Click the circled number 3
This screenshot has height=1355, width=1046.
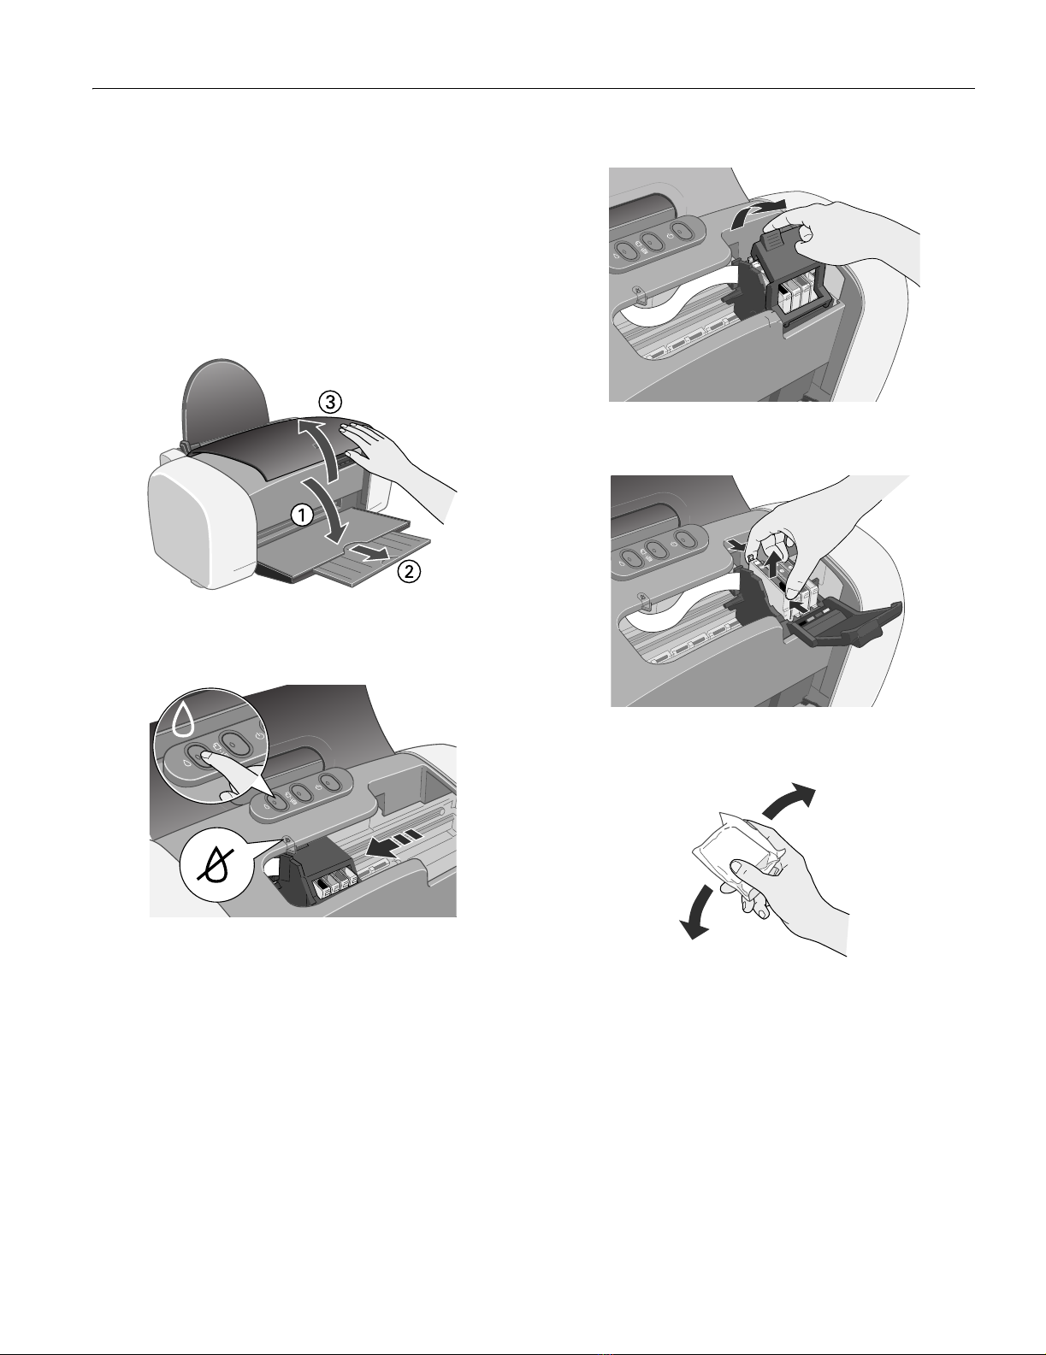[330, 402]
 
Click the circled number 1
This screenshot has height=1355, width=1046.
[302, 515]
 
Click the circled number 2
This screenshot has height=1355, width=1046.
[409, 572]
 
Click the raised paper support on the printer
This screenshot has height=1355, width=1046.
[228, 399]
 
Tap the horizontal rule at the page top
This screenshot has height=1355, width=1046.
[534, 89]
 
